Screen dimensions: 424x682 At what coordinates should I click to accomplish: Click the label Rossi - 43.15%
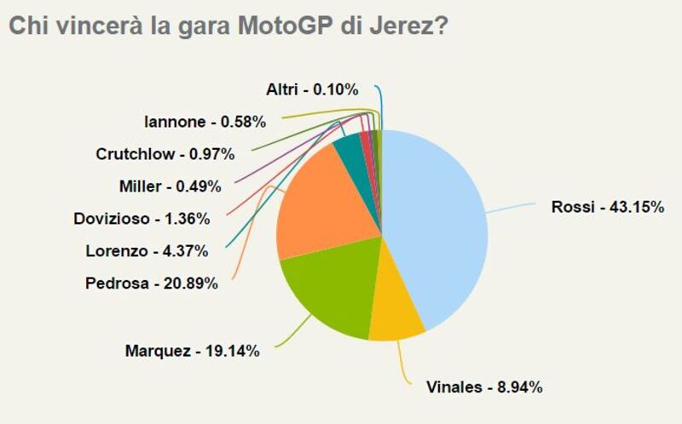click(607, 207)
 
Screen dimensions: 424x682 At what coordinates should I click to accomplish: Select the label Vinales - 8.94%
click(484, 387)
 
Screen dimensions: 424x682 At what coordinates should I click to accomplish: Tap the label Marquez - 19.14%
click(191, 350)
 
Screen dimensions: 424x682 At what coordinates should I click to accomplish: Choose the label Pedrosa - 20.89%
click(152, 283)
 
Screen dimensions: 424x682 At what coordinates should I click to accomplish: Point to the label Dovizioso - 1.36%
click(142, 218)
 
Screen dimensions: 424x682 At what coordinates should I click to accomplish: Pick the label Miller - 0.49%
click(170, 186)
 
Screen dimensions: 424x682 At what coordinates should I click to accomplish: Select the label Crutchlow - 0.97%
click(165, 154)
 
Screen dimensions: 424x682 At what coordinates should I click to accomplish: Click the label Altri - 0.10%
click(311, 89)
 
